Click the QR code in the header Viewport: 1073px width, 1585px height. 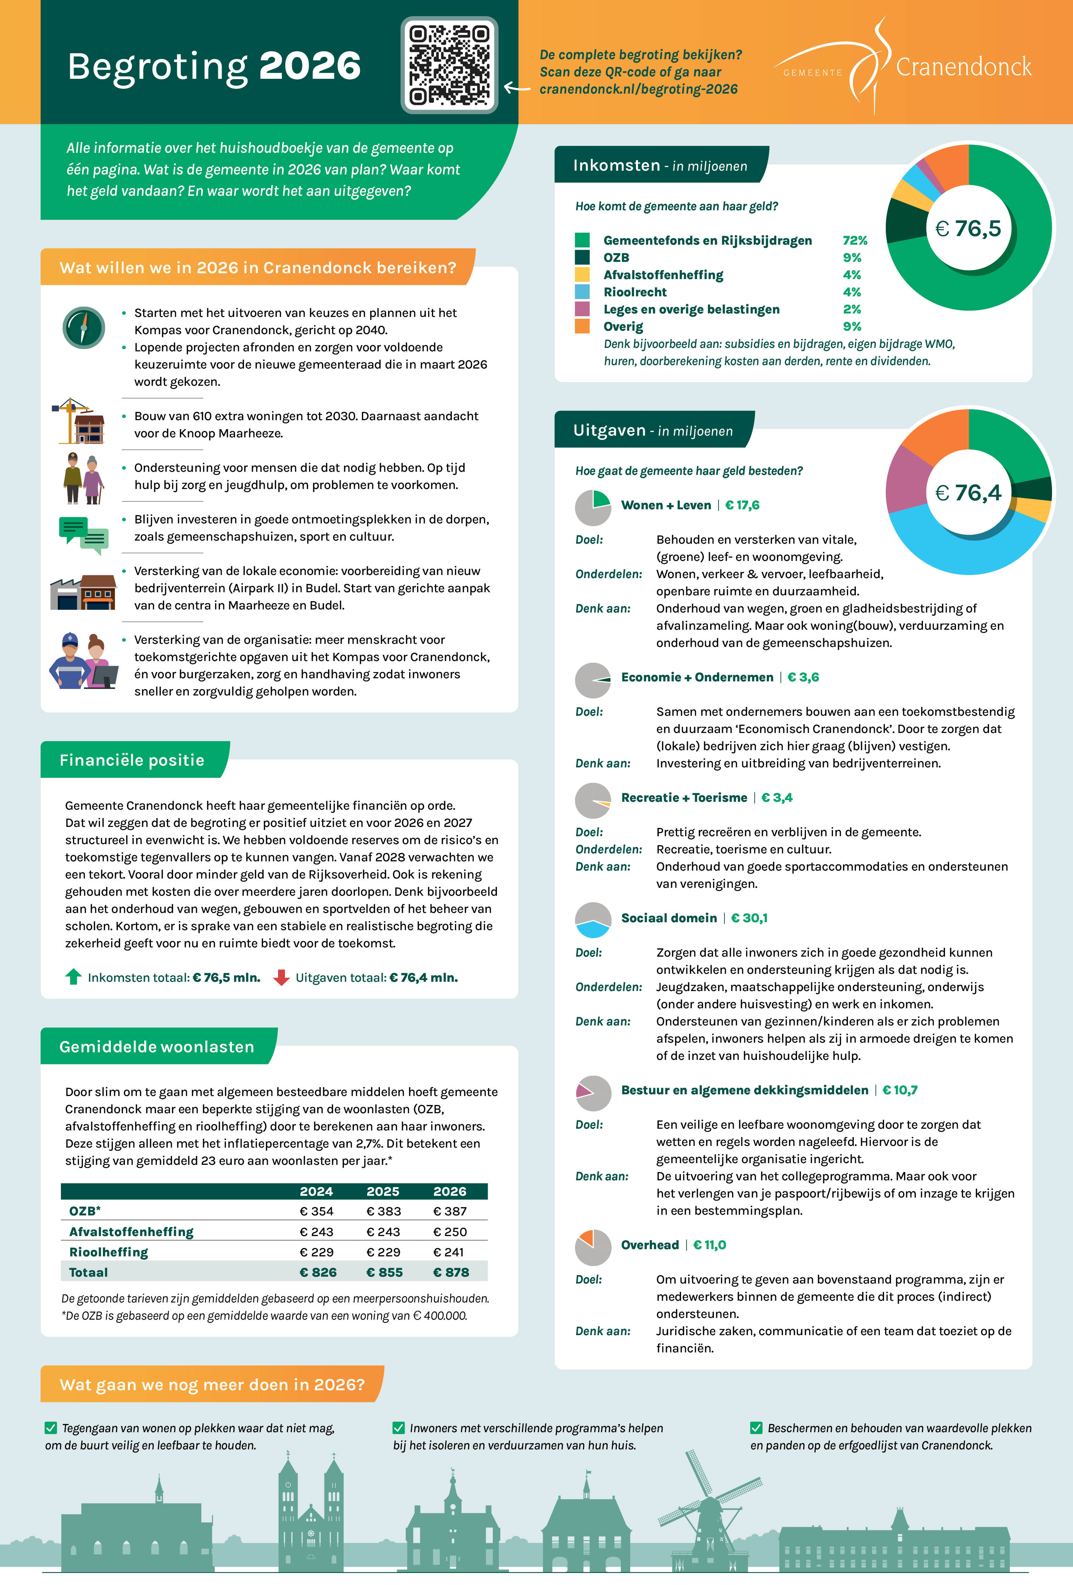[449, 65]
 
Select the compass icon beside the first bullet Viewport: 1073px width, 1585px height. [83, 328]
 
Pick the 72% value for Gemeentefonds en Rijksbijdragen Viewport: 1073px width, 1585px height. [854, 240]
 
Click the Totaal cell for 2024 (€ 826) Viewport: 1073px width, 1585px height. [318, 1272]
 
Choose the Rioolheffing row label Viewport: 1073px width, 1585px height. [108, 1252]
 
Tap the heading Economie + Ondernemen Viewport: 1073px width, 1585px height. [697, 677]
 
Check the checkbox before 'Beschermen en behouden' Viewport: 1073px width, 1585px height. [756, 1427]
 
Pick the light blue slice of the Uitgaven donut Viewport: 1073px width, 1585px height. [955, 546]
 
